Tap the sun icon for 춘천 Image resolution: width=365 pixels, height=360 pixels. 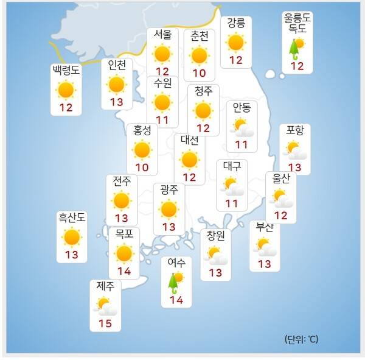click(x=199, y=55)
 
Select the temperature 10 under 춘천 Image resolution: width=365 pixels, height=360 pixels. click(x=199, y=72)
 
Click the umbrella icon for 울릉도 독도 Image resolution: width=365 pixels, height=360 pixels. click(x=296, y=47)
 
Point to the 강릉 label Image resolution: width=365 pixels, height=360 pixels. click(x=235, y=23)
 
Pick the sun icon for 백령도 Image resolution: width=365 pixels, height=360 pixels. click(x=66, y=90)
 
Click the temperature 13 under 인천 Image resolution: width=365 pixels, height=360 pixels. click(x=116, y=102)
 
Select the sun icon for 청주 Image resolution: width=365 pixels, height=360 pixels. click(x=203, y=110)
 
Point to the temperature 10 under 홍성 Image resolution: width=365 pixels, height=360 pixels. click(x=142, y=168)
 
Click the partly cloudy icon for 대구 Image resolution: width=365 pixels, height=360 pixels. click(x=232, y=185)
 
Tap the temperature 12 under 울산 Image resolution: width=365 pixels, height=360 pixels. click(x=281, y=215)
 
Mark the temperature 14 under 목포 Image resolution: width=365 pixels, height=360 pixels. click(x=124, y=271)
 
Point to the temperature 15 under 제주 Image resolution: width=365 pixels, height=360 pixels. click(x=105, y=323)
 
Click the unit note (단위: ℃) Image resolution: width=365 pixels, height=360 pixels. click(x=301, y=339)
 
